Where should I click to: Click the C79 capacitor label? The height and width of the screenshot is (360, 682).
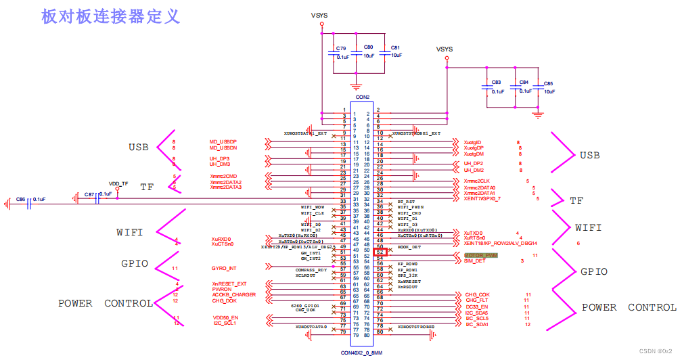341,49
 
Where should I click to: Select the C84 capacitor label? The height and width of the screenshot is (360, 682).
524,83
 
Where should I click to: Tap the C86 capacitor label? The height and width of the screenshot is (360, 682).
21,199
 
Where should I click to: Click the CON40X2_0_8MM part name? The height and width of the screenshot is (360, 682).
362,353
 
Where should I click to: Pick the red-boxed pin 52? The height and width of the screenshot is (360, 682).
380,252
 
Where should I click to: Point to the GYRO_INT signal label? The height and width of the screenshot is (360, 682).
223,269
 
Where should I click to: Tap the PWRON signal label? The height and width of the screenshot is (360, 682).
221,289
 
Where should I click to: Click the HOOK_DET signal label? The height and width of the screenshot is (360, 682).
409,247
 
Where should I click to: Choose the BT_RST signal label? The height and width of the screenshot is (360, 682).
405,201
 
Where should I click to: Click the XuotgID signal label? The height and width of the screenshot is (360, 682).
473,141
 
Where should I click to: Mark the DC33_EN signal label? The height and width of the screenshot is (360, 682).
476,307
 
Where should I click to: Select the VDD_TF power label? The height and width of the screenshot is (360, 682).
118,183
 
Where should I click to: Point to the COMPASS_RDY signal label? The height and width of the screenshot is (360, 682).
312,270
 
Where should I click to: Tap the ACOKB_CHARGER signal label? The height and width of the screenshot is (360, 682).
233,294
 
